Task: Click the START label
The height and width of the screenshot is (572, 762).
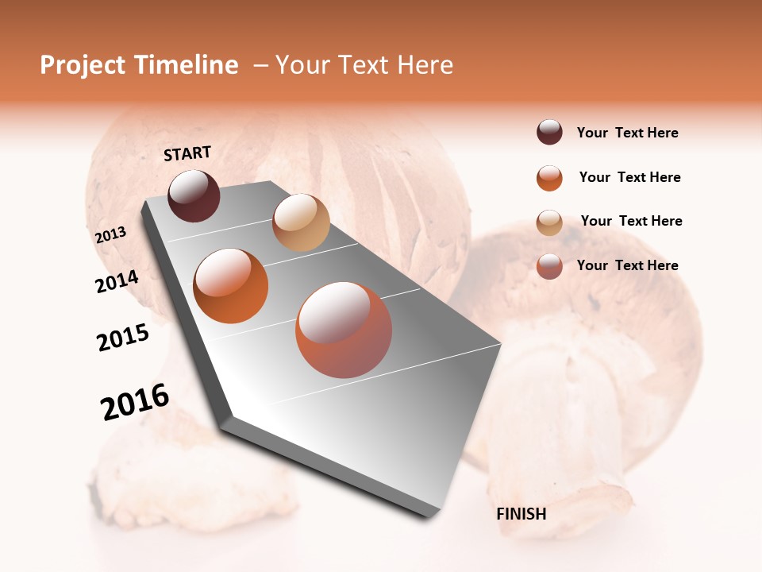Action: click(x=187, y=153)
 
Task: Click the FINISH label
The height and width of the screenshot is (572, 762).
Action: click(x=521, y=514)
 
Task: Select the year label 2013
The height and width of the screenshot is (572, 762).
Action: click(x=110, y=235)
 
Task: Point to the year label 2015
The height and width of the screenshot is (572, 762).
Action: click(x=123, y=338)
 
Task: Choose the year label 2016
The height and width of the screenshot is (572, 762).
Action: click(x=135, y=402)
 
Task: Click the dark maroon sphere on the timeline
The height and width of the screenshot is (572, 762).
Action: click(x=194, y=195)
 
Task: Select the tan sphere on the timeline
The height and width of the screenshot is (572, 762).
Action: click(x=301, y=222)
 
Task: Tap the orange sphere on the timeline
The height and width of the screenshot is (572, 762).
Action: click(x=231, y=286)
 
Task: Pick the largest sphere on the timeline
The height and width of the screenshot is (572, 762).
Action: click(x=344, y=330)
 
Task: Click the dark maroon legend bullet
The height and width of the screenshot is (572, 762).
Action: click(x=549, y=133)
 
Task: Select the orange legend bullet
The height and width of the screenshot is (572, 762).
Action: click(x=549, y=178)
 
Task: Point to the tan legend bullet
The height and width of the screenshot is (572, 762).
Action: click(x=549, y=222)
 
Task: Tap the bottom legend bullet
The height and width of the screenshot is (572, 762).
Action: click(x=549, y=266)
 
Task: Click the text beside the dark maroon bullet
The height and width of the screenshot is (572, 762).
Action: click(x=627, y=133)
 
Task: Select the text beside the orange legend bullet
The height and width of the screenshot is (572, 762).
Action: click(x=629, y=178)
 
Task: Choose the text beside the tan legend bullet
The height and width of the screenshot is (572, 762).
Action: click(x=631, y=222)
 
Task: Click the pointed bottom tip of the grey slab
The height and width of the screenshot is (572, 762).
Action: click(x=429, y=517)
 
